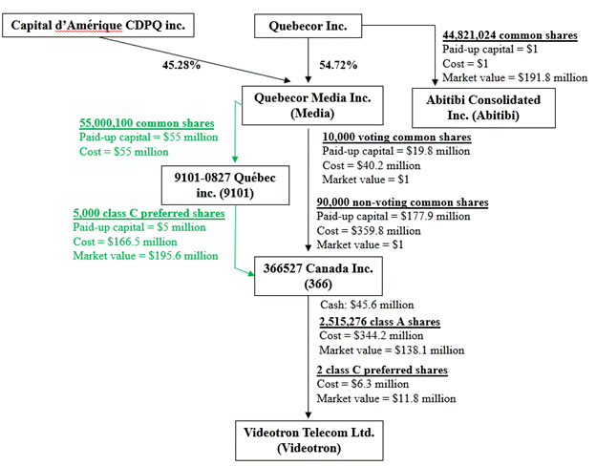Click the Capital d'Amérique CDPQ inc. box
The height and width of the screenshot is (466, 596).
[x=97, y=23]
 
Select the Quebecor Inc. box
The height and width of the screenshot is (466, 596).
[x=307, y=26]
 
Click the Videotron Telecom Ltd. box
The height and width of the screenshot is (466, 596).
[x=307, y=439]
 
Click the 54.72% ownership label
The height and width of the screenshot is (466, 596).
[x=338, y=65]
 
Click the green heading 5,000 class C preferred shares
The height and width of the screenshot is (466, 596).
[x=149, y=214]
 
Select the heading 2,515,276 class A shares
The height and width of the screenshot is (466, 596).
[x=378, y=322]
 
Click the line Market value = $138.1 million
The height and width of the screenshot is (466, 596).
[x=390, y=350]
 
